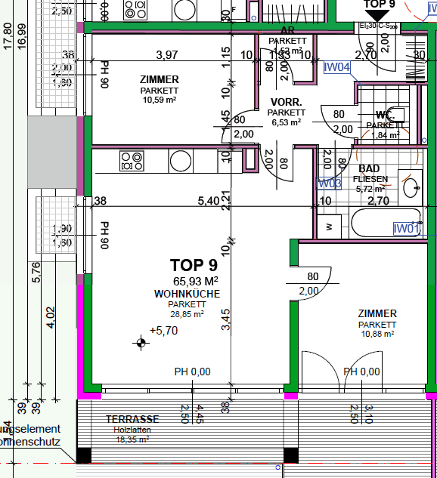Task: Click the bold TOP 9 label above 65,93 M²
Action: pyautogui.click(x=194, y=265)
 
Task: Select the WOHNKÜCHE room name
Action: pyautogui.click(x=187, y=293)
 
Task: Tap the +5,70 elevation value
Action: pyautogui.click(x=163, y=330)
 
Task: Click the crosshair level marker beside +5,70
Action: pyautogui.click(x=141, y=344)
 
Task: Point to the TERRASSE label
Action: pyautogui.click(x=132, y=419)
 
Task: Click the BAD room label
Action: pyautogui.click(x=369, y=168)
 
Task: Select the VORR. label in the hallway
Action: pyautogui.click(x=286, y=102)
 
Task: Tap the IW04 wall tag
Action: pyautogui.click(x=337, y=67)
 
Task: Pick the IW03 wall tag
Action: pyautogui.click(x=330, y=183)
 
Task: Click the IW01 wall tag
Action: pyautogui.click(x=406, y=228)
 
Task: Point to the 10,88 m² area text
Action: pyautogui.click(x=377, y=333)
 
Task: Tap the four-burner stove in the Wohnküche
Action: pyautogui.click(x=132, y=161)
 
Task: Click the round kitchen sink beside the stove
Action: pyautogui.click(x=181, y=161)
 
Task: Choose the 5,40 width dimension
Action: pyautogui.click(x=208, y=202)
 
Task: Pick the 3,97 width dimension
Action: pyautogui.click(x=166, y=54)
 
